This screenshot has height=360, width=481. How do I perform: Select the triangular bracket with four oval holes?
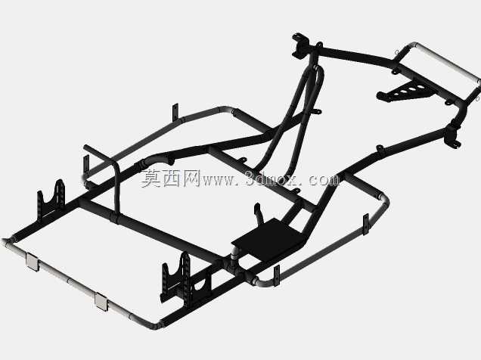click(405, 91)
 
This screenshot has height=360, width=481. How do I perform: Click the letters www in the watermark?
click(217, 180)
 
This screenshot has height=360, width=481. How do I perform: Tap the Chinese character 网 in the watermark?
click(191, 178)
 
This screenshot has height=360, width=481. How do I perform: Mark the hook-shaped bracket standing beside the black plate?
click(259, 213)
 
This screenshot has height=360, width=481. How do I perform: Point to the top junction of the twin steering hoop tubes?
click(316, 68)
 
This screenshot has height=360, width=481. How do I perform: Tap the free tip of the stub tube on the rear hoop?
click(85, 147)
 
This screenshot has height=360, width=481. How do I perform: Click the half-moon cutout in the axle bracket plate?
click(200, 283)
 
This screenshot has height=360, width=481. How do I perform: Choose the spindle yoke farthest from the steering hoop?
click(452, 135)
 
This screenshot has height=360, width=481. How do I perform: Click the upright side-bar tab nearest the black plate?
click(277, 275)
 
